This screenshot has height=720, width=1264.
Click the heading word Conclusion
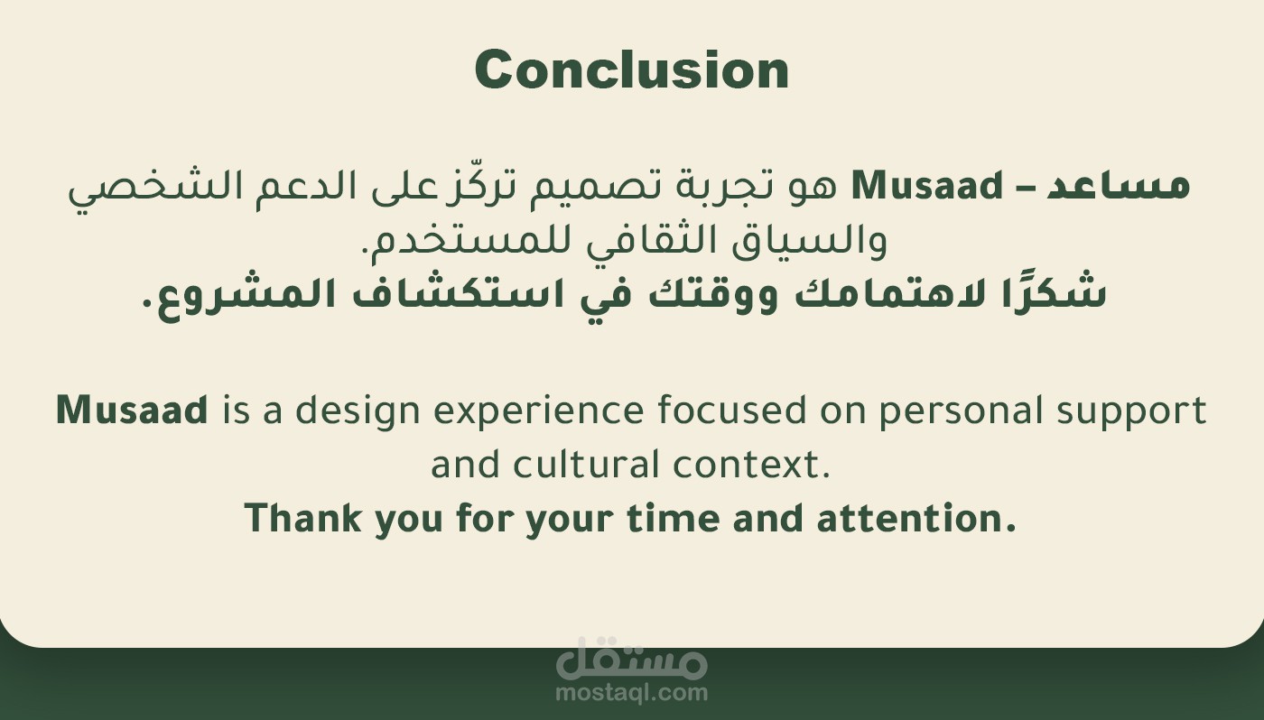click(631, 69)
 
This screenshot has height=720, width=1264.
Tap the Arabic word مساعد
click(1119, 187)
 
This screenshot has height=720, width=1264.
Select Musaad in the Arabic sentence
click(926, 186)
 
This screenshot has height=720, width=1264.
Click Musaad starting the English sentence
click(132, 410)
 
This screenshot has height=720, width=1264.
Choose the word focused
click(732, 410)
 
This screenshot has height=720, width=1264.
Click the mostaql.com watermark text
click(631, 692)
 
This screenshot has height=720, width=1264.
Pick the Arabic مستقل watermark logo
click(631, 658)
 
